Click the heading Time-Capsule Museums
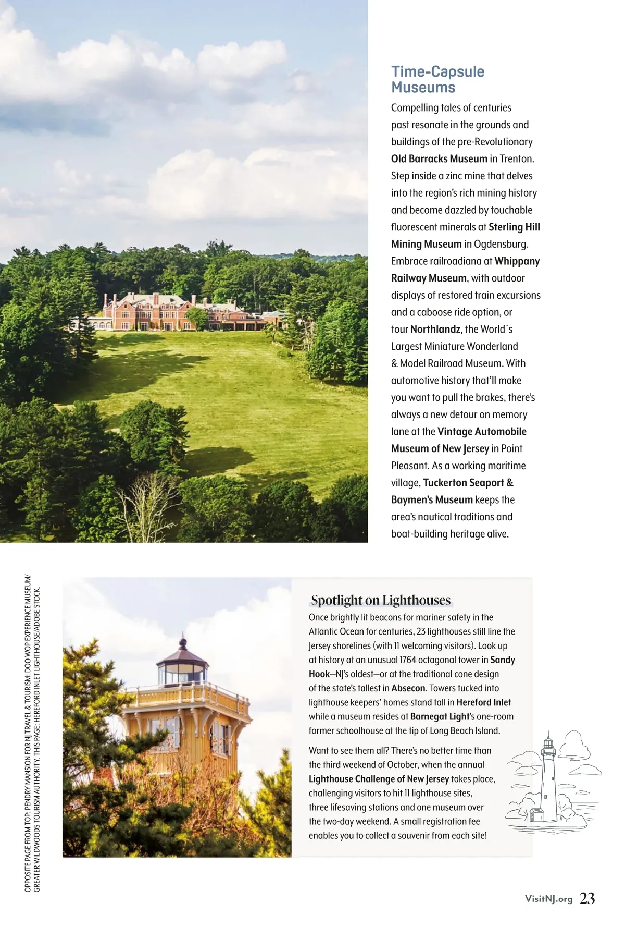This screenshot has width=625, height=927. coord(438,79)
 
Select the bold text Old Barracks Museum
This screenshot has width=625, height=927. coord(439,159)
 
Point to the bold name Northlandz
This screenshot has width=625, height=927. coord(435,330)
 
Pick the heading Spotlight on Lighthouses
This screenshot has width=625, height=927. coord(381,600)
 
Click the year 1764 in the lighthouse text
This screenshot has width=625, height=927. coord(410,660)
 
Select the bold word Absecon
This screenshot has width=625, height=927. coord(408,688)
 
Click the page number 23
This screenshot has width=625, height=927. coord(587,898)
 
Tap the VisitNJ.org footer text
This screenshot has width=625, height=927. coord(548,899)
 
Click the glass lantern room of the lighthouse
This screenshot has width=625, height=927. coord(182,674)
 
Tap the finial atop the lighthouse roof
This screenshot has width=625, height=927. coord(182,640)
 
